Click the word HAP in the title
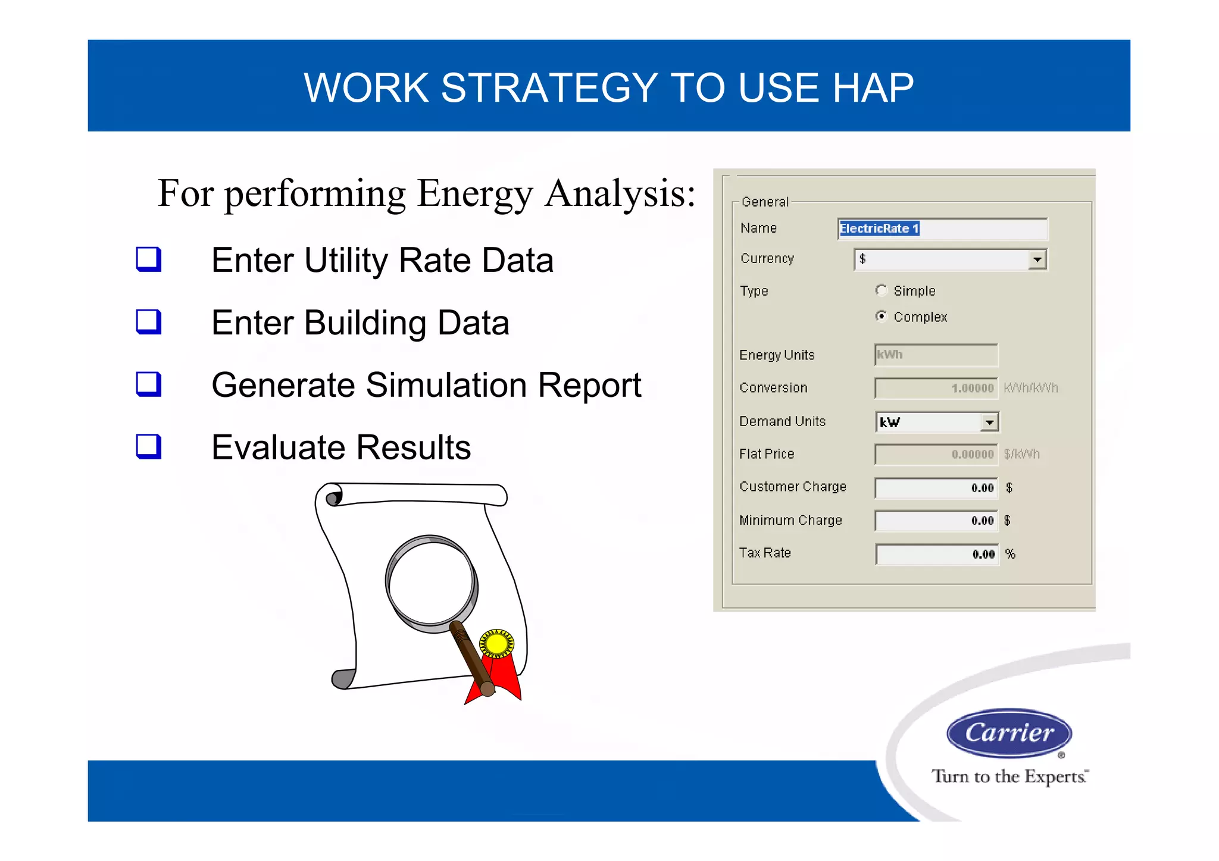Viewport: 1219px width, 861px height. pyautogui.click(x=873, y=88)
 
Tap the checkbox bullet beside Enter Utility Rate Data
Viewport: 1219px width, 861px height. pyautogui.click(x=149, y=259)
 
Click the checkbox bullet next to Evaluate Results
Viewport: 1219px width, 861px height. pyautogui.click(x=149, y=446)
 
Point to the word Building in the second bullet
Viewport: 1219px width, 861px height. pyautogui.click(x=365, y=323)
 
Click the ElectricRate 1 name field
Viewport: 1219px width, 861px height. pyautogui.click(x=942, y=229)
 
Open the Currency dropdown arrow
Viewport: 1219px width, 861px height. pyautogui.click(x=1037, y=259)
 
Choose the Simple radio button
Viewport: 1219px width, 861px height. pyautogui.click(x=881, y=290)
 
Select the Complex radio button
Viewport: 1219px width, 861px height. pyautogui.click(x=881, y=316)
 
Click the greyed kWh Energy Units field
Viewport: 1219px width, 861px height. pyautogui.click(x=936, y=355)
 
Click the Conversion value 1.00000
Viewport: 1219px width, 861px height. pyautogui.click(x=972, y=389)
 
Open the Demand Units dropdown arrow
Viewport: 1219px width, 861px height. pyautogui.click(x=989, y=422)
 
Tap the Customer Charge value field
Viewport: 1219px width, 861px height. pyautogui.click(x=936, y=488)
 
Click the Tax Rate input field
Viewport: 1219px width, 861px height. pyautogui.click(x=936, y=555)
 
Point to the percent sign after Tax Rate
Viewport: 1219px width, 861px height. pyautogui.click(x=1010, y=554)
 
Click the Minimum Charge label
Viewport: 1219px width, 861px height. pyautogui.click(x=790, y=521)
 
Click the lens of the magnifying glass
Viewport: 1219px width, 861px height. pyautogui.click(x=432, y=582)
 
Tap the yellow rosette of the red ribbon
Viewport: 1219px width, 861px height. pyautogui.click(x=496, y=644)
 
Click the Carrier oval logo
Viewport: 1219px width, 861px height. pyautogui.click(x=1009, y=733)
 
